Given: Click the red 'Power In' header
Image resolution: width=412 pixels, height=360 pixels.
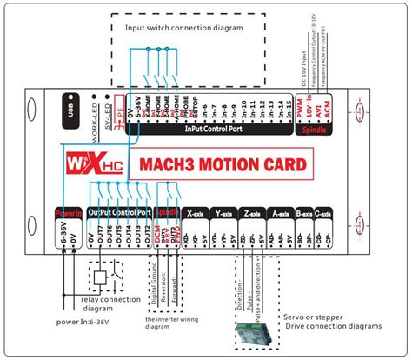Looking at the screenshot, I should click(x=69, y=212).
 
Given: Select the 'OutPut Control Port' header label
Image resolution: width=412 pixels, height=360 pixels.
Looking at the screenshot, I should click(x=120, y=212).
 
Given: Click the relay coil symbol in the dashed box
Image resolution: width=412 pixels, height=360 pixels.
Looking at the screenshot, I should click(x=102, y=278).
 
